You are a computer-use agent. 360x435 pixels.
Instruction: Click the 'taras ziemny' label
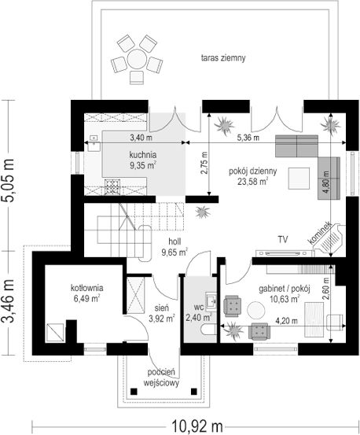pyautogui.click(x=223, y=58)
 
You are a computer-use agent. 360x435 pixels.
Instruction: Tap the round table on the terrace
pyautogui.click(x=136, y=58)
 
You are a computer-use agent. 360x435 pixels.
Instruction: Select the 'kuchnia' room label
pyautogui.click(x=143, y=154)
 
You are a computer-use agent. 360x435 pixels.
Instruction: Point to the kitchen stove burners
pyautogui.click(x=112, y=186)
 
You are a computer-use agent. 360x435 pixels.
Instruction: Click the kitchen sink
pyautogui.click(x=94, y=143)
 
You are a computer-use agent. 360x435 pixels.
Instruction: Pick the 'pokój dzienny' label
pyautogui.click(x=252, y=171)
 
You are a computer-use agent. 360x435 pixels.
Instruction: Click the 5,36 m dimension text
pyautogui.click(x=248, y=138)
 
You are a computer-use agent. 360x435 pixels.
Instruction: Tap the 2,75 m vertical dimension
pyautogui.click(x=204, y=164)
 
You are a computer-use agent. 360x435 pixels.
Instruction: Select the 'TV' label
pyautogui.click(x=283, y=239)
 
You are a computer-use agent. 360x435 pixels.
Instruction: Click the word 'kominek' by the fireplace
pyautogui.click(x=320, y=233)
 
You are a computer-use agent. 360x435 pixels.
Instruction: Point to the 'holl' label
pyautogui.click(x=174, y=241)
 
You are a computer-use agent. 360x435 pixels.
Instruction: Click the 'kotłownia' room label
pyautogui.click(x=87, y=288)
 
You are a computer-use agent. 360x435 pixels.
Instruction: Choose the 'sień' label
pyautogui.click(x=162, y=308)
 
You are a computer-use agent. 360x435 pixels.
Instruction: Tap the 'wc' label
pyautogui.click(x=199, y=307)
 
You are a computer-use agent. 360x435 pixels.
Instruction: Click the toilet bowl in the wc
pyautogui.click(x=209, y=330)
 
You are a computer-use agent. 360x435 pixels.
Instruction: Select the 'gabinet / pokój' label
pyautogui.click(x=284, y=289)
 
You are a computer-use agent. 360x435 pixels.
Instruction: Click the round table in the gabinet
pyautogui.click(x=256, y=311)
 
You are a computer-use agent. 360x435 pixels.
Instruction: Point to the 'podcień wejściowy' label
pyautogui.click(x=161, y=378)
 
